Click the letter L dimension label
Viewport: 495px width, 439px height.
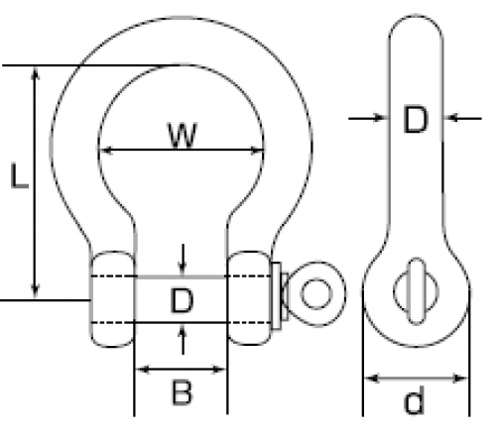19,175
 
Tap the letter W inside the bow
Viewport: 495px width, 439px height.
183,135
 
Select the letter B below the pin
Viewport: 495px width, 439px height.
182,392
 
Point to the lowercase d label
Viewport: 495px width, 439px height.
414,400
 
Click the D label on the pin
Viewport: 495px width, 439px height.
182,300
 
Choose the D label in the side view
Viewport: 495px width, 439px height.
416,119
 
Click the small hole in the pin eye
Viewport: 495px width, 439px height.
316,293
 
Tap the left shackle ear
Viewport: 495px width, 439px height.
112,299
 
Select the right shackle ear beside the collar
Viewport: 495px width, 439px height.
249,298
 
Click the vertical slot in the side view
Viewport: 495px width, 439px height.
417,291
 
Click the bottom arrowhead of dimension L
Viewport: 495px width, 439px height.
35,291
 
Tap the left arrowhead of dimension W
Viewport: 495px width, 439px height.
107,151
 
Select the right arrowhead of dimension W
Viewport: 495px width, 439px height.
257,151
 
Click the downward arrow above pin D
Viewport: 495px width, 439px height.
183,260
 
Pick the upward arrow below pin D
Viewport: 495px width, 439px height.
183,339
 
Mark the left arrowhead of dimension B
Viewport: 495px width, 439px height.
143,370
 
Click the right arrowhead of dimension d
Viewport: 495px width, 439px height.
460,379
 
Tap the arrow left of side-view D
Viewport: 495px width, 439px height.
368,117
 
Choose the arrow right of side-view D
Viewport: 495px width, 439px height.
462,117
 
